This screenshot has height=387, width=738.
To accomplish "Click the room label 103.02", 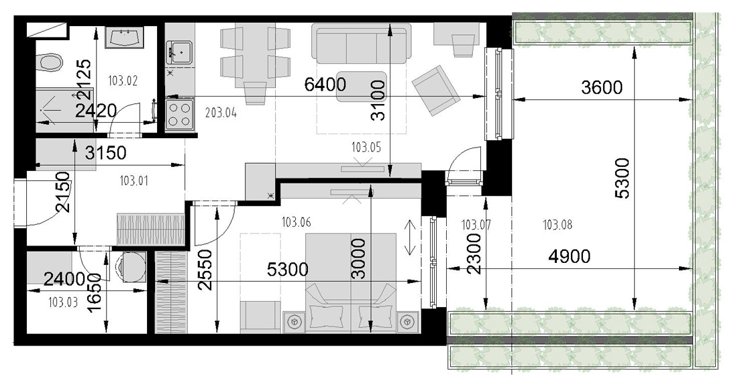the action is (123, 81).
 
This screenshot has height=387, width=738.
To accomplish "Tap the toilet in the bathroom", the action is (50, 62).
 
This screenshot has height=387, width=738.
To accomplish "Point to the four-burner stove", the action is (179, 113).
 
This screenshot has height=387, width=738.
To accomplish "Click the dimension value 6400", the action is (325, 85).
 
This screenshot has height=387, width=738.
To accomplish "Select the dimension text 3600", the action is (602, 88).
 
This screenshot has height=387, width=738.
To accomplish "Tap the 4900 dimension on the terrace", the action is (570, 257).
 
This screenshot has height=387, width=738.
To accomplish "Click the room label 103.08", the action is (558, 225).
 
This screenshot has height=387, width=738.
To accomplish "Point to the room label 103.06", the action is (296, 222).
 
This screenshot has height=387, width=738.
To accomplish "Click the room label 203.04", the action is (221, 113).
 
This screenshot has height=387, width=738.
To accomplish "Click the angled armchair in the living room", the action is (436, 91).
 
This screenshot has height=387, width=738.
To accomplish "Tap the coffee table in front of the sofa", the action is (362, 86).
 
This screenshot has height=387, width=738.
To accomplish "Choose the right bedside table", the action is (408, 323).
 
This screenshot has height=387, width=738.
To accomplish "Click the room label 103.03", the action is (63, 302).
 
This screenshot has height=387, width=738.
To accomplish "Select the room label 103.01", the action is (134, 181).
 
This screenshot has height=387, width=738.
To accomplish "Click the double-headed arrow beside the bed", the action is (410, 238).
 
